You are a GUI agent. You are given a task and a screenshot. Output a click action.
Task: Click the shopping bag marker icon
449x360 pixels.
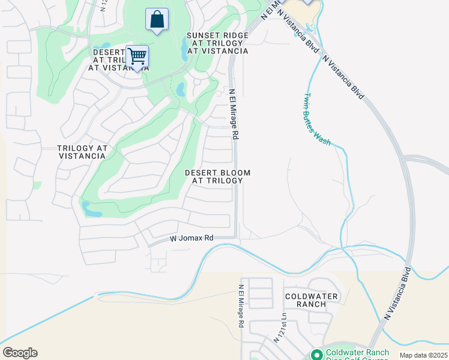(x=157, y=19)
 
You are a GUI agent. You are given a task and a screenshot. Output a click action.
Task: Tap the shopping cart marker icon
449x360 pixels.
(x=137, y=57)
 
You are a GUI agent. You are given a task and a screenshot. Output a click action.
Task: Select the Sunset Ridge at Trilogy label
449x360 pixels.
(x=217, y=43)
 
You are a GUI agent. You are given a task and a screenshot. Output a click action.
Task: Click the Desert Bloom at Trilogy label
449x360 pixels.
(x=217, y=176)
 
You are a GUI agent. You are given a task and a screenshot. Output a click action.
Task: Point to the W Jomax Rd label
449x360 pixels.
(x=191, y=238)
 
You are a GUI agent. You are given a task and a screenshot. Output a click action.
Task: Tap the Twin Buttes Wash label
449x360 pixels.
(x=316, y=119)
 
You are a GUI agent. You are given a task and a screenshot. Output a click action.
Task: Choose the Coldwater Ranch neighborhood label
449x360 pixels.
(x=306, y=300)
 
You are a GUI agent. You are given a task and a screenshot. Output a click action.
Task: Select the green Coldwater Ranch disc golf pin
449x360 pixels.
(x=316, y=355)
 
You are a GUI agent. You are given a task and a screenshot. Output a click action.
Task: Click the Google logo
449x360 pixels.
(x=20, y=353)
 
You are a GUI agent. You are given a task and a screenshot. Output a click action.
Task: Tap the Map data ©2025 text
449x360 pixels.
(x=423, y=355)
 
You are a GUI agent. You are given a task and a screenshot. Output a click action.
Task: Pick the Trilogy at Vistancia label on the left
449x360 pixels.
(x=82, y=152)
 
